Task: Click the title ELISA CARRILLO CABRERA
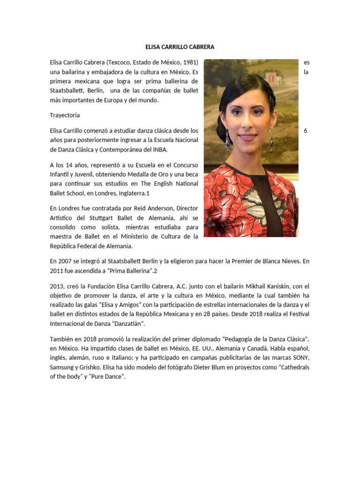click(180, 47)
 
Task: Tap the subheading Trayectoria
click(65, 115)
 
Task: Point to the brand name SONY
click(300, 359)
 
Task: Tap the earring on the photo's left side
click(227, 139)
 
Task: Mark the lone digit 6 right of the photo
click(306, 131)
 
